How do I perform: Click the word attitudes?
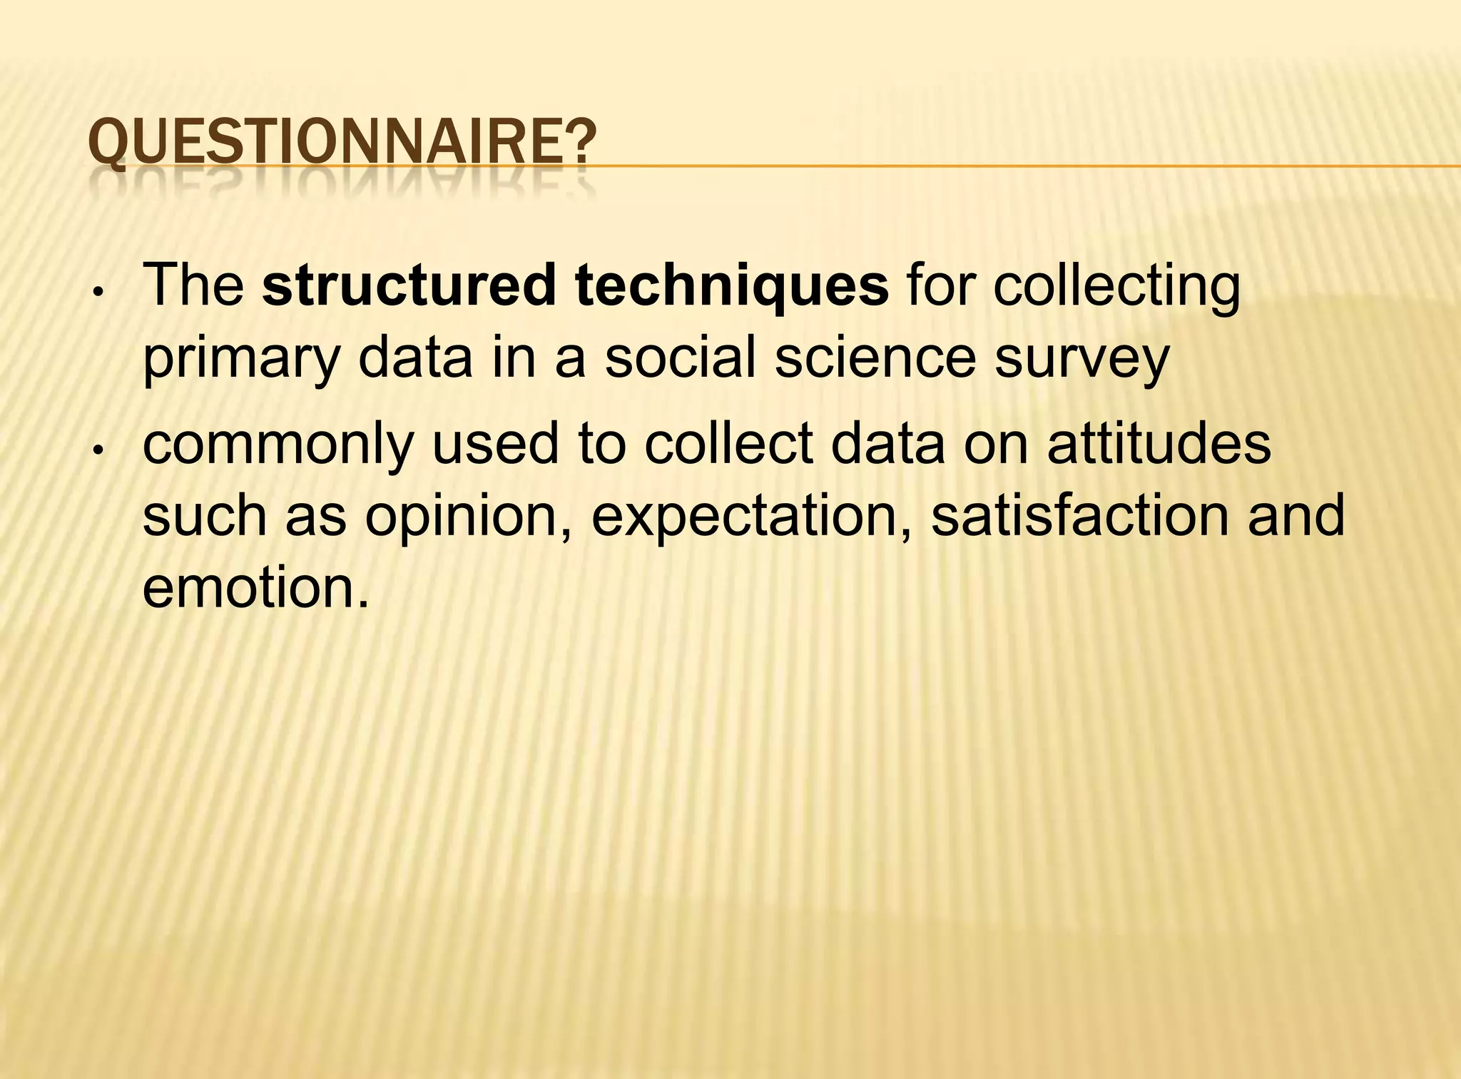tap(1159, 444)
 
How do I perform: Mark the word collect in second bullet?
tap(728, 444)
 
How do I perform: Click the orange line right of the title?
tap(999, 166)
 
